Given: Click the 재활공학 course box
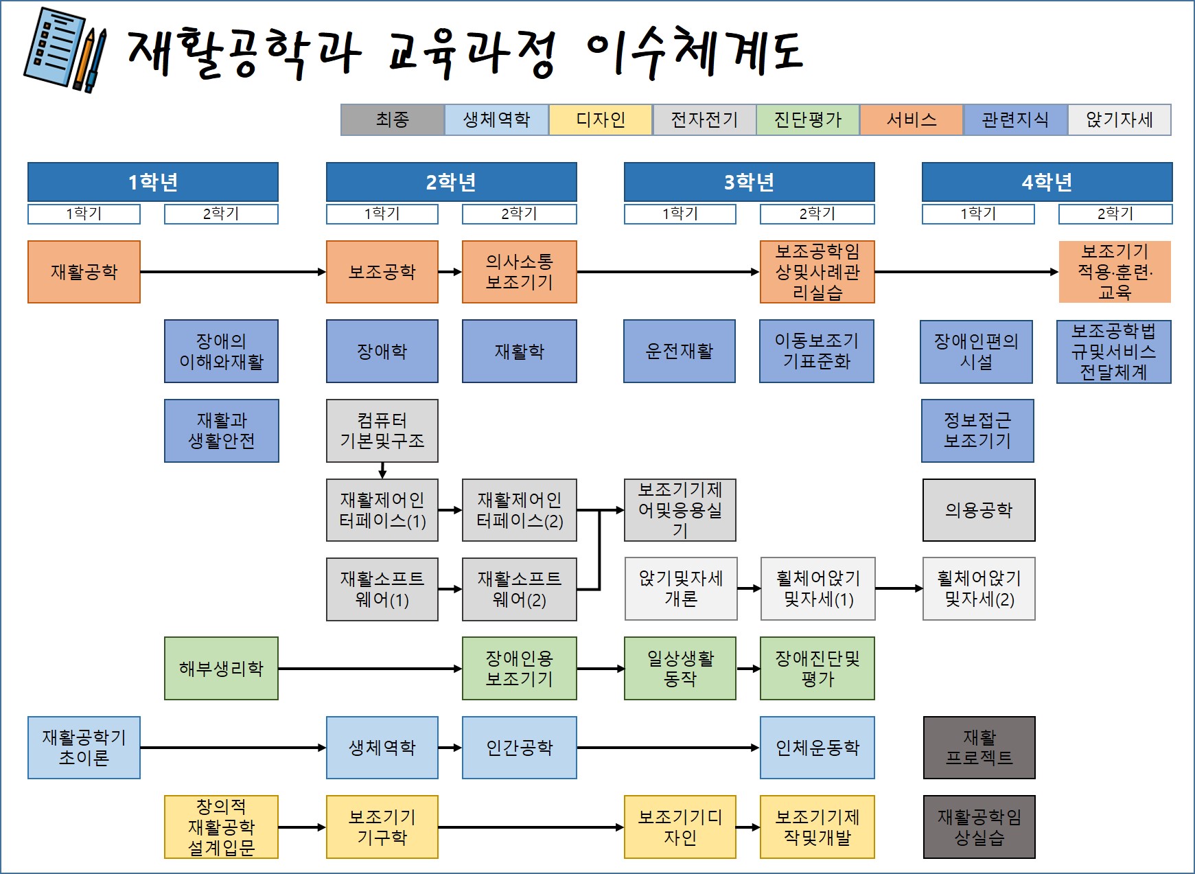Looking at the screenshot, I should (84, 272).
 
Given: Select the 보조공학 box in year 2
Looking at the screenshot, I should (382, 272).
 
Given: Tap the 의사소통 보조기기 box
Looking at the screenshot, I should (519, 272).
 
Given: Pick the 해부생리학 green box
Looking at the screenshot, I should (221, 669).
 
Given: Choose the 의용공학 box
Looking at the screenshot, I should (979, 510).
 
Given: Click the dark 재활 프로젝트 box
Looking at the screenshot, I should (979, 748).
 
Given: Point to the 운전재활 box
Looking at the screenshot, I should (680, 352).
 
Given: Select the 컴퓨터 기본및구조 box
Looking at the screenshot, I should (382, 430).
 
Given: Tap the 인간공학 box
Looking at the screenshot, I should (519, 748).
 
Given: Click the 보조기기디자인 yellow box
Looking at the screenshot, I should (680, 827).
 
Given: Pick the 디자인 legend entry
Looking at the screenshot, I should (601, 120).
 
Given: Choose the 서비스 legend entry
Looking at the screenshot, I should (912, 120).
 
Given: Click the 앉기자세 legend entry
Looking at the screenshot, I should (1119, 120).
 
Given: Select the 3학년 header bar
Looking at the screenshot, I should (749, 182).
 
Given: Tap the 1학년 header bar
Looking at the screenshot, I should (152, 182).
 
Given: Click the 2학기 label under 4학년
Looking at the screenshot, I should (1115, 214).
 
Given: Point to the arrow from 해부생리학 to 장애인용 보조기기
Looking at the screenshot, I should (371, 669).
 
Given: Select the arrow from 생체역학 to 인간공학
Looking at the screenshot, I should (450, 748).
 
